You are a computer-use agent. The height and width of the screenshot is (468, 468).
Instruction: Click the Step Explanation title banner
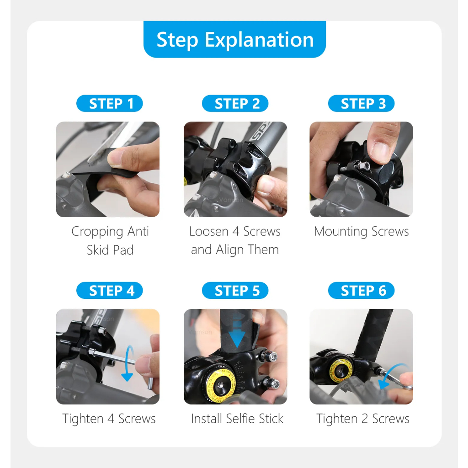tap(234, 39)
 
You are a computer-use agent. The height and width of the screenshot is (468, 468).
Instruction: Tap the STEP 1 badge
tap(110, 104)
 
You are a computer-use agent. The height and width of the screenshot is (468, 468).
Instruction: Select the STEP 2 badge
tap(235, 104)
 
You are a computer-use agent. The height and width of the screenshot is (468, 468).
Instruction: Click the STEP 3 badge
tap(361, 104)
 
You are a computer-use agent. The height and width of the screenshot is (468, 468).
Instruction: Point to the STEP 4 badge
tap(110, 290)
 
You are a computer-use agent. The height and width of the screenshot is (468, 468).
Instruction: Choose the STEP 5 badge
tap(235, 290)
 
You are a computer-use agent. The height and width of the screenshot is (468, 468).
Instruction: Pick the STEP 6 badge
tap(361, 290)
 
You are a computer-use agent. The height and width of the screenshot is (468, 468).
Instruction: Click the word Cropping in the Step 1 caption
tap(97, 232)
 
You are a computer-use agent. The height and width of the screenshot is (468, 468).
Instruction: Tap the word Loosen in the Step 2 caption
tap(208, 231)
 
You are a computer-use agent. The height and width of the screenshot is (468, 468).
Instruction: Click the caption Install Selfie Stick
tap(237, 419)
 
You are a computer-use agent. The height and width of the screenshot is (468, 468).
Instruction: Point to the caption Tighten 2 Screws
tap(362, 419)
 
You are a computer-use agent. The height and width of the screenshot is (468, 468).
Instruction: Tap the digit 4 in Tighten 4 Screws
tap(111, 419)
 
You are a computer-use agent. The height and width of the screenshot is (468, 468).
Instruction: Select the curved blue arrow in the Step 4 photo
tap(128, 363)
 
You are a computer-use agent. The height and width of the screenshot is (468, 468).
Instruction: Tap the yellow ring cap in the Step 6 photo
tap(340, 370)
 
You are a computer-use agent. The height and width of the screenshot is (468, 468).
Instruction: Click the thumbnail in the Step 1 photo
tap(115, 157)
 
